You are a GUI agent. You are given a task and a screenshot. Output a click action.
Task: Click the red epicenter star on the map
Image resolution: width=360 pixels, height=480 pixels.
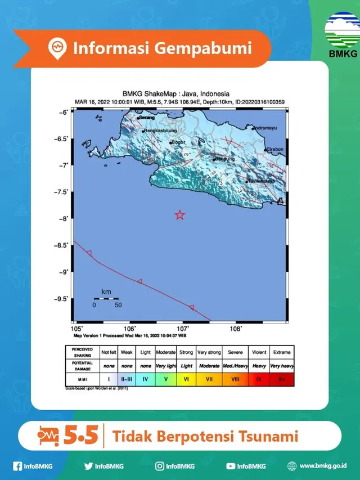[179, 214]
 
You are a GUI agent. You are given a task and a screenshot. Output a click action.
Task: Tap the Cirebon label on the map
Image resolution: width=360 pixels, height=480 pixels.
[274, 150]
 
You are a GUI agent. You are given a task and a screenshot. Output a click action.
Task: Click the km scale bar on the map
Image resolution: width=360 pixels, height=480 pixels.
[106, 299]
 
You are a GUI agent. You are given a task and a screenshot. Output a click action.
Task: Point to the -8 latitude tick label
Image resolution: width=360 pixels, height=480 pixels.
[66, 218]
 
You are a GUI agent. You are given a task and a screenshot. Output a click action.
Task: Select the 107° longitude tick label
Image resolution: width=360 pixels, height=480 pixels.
[183, 328]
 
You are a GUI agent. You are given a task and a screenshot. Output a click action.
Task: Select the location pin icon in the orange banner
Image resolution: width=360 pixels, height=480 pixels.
[56, 48]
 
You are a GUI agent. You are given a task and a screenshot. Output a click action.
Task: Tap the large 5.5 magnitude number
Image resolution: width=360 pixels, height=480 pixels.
[82, 436]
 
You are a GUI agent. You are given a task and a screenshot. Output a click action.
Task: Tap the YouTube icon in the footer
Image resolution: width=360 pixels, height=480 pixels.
[231, 466]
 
